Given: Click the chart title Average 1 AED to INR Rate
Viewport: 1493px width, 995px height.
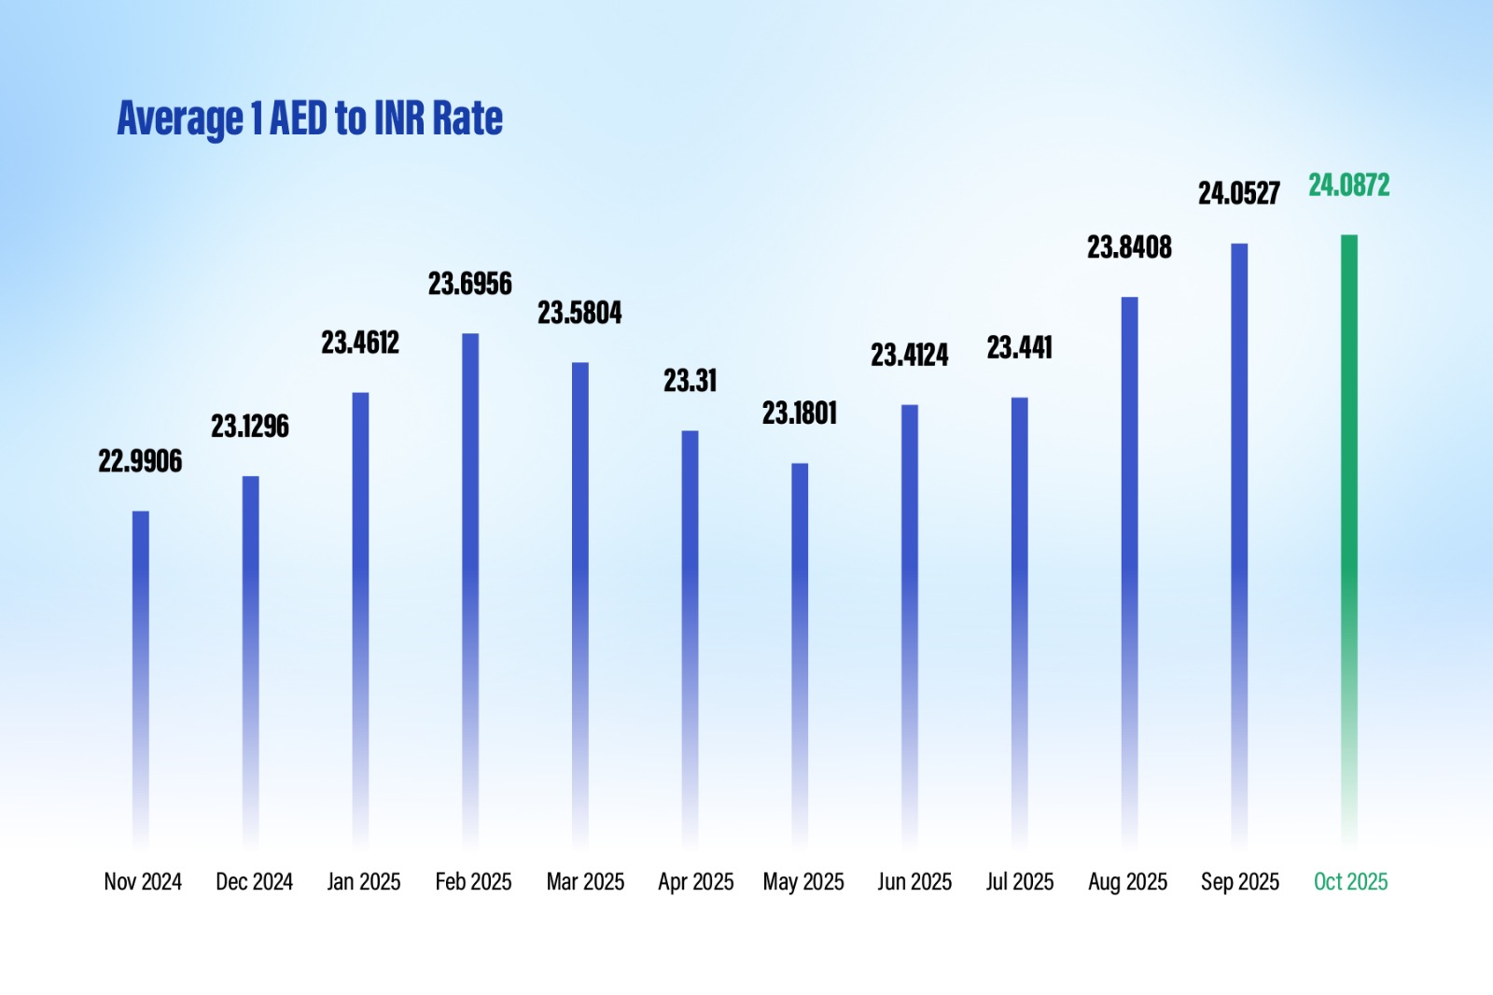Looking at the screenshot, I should [310, 119].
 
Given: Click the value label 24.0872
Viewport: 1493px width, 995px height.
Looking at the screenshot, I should [1348, 186].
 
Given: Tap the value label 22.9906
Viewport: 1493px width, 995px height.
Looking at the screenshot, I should [141, 461].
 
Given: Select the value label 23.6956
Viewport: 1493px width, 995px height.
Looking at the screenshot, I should [470, 284].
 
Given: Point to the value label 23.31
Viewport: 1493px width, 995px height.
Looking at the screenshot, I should [691, 381].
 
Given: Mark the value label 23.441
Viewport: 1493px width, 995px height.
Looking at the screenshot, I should [1020, 348].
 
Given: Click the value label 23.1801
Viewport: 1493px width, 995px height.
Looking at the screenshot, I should [800, 413].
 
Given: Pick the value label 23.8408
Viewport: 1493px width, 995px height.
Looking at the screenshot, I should [1129, 247].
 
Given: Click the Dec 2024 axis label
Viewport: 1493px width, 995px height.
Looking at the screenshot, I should [254, 882].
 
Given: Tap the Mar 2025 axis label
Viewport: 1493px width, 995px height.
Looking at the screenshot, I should [585, 882].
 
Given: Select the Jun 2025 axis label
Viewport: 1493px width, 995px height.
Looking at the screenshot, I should [914, 882].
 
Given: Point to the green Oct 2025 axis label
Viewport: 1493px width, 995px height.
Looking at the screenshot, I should [1350, 882].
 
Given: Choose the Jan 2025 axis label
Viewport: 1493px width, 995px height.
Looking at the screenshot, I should [364, 882].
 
